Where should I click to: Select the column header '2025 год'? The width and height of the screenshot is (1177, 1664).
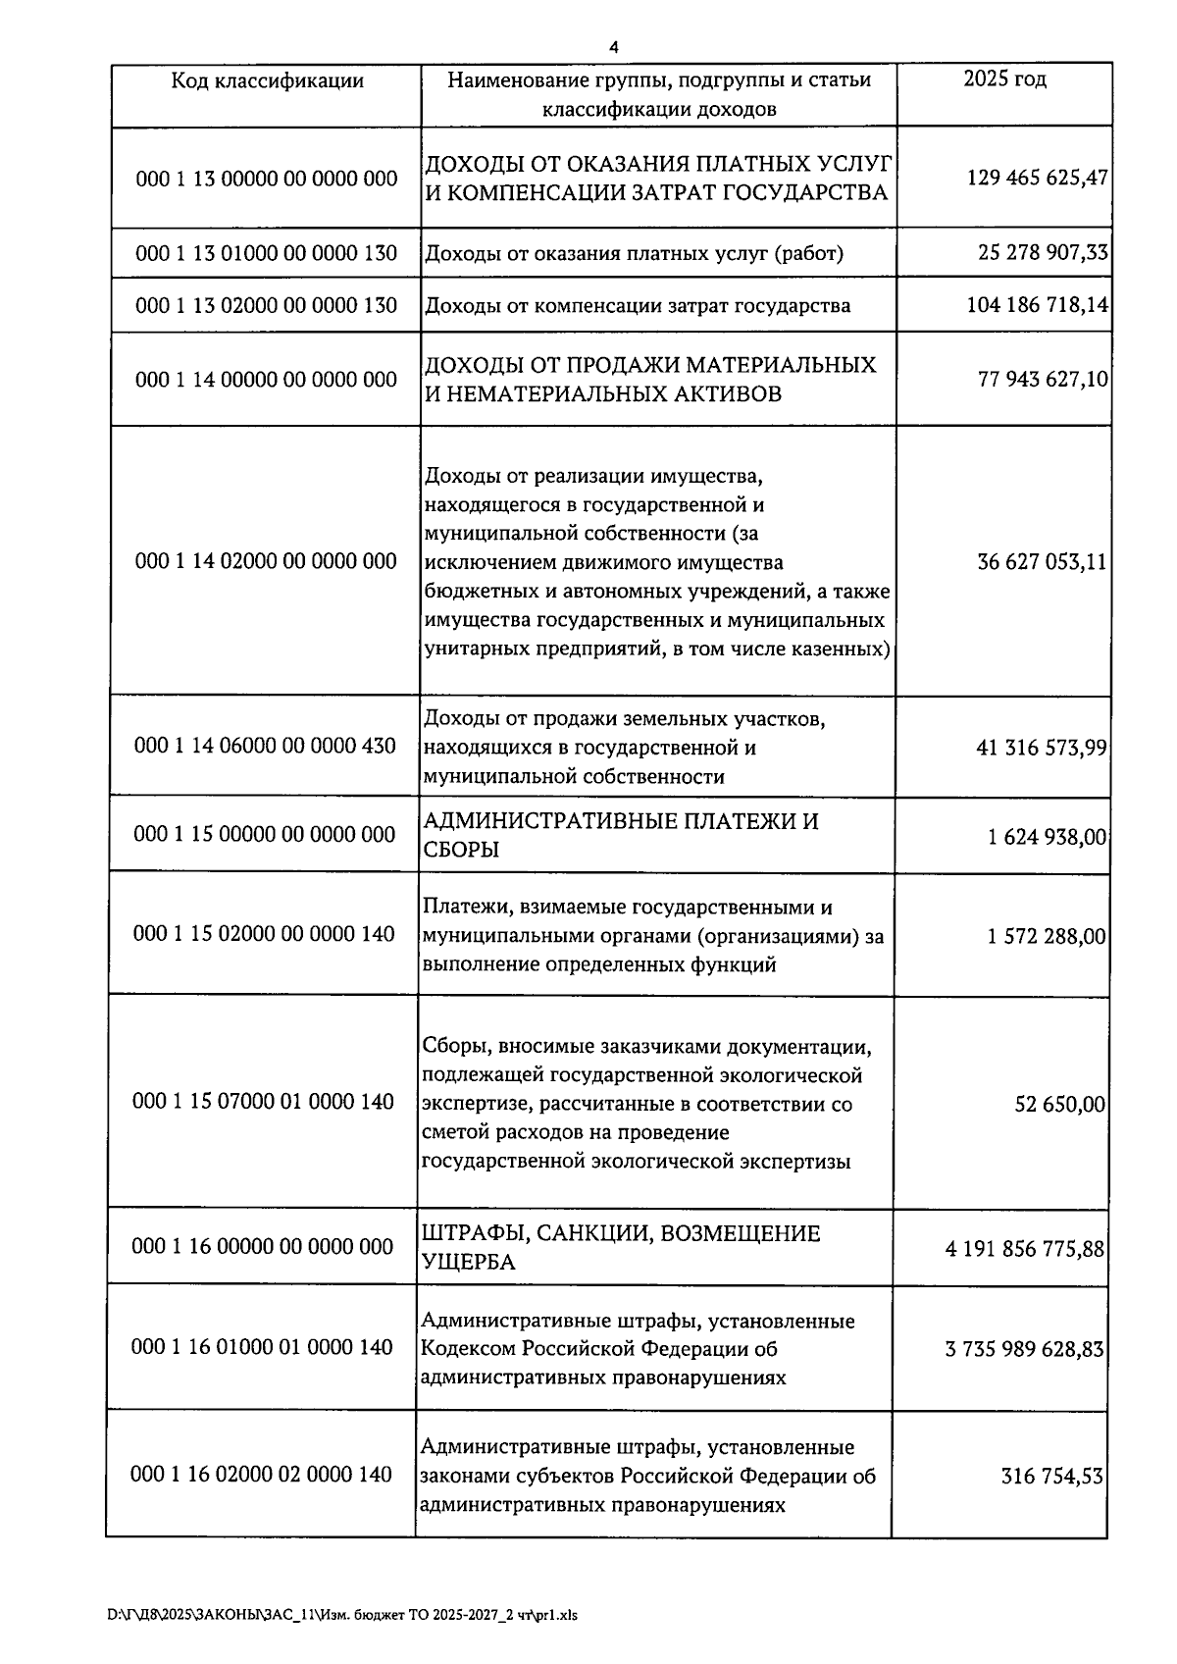pyautogui.click(x=1003, y=79)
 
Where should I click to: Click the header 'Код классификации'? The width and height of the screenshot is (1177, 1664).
pyautogui.click(x=267, y=80)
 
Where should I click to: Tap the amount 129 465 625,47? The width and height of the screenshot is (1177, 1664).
pyautogui.click(x=1037, y=179)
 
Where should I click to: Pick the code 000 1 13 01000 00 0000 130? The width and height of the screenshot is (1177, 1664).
pyautogui.click(x=267, y=253)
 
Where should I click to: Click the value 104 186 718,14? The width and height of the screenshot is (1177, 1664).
pyautogui.click(x=1037, y=305)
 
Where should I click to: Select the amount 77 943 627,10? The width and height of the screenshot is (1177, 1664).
pyautogui.click(x=1042, y=379)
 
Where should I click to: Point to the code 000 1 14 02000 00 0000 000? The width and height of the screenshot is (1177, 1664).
pyautogui.click(x=266, y=561)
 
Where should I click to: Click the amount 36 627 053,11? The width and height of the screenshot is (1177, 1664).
pyautogui.click(x=1042, y=562)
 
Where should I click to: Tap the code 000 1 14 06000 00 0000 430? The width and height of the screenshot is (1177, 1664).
pyautogui.click(x=265, y=746)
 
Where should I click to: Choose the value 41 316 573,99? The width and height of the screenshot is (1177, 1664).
pyautogui.click(x=1041, y=748)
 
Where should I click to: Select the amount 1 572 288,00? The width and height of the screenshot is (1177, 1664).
pyautogui.click(x=1046, y=936)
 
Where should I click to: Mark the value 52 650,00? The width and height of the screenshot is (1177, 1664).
pyautogui.click(x=1059, y=1105)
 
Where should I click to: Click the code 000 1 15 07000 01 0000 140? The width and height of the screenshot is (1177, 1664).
pyautogui.click(x=263, y=1102)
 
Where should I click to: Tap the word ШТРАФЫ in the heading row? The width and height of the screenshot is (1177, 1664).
pyautogui.click(x=465, y=1233)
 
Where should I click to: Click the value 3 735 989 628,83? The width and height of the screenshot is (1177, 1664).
pyautogui.click(x=1024, y=1349)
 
